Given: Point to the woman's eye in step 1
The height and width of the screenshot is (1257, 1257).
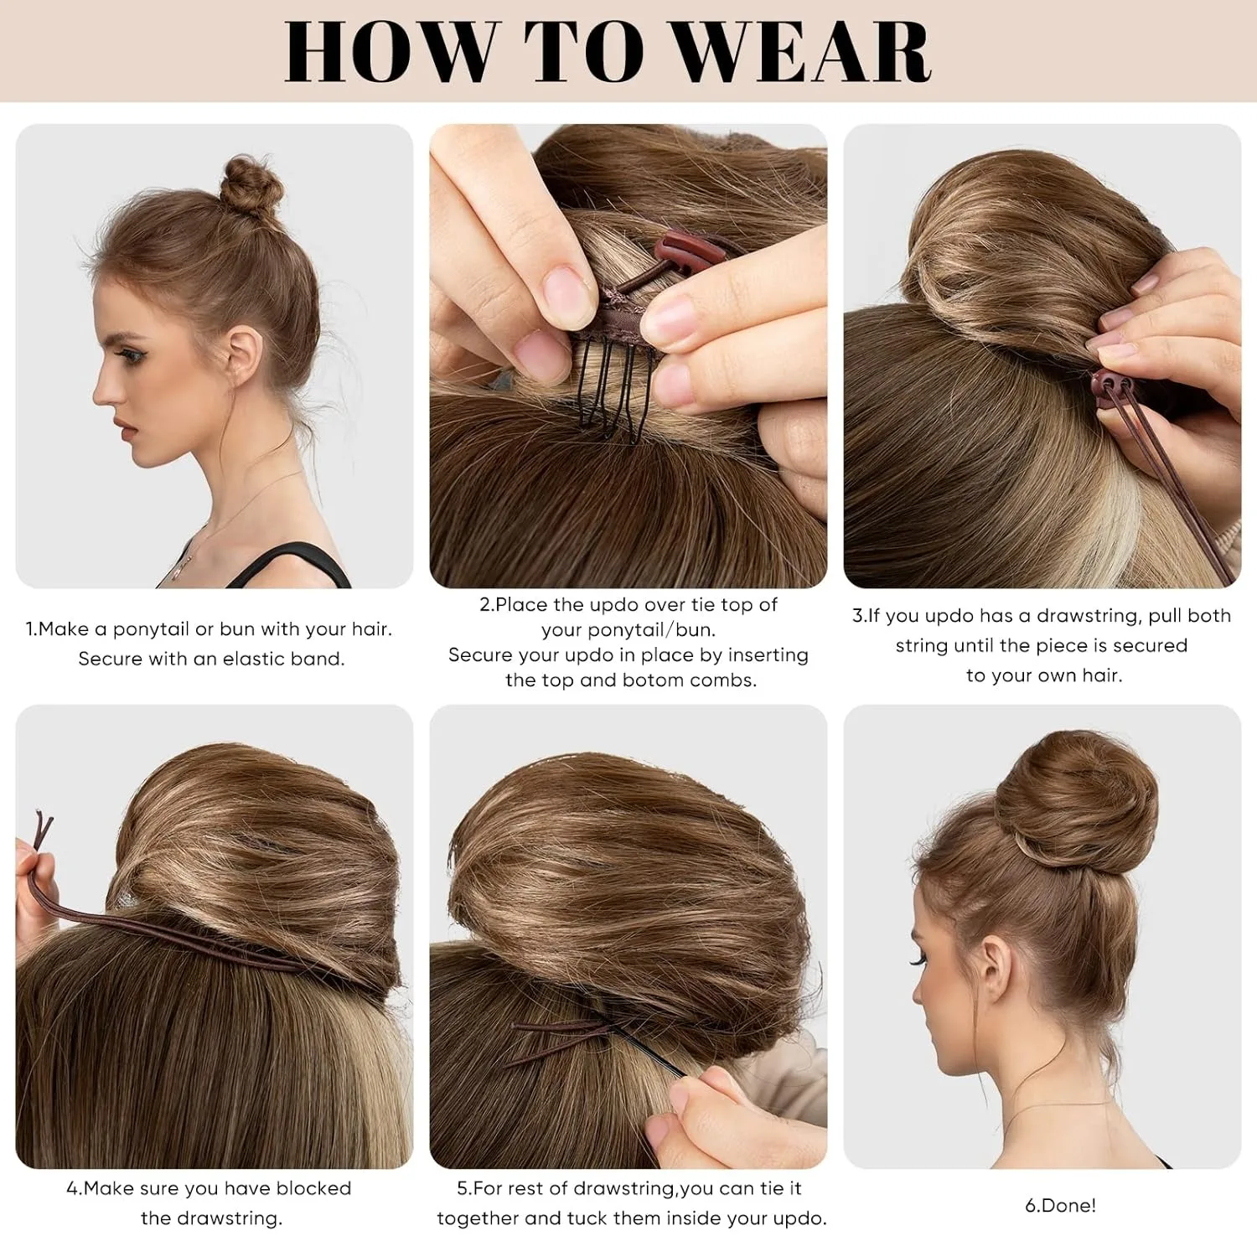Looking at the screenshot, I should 135,356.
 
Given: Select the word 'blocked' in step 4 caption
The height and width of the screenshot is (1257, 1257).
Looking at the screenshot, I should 313,1188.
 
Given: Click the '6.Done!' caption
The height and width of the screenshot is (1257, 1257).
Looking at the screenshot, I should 1060,1206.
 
